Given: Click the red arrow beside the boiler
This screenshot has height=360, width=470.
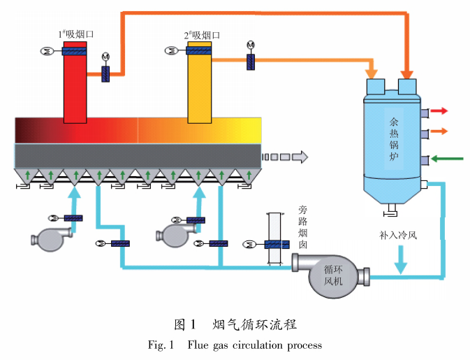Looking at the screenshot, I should (x=440, y=110).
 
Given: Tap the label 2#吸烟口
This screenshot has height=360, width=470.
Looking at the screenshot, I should (x=202, y=34).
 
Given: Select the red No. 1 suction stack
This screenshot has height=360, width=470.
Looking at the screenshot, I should (x=75, y=84).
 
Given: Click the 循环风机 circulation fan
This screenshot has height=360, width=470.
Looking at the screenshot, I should (x=328, y=268).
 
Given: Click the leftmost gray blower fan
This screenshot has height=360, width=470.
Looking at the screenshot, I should (x=50, y=238).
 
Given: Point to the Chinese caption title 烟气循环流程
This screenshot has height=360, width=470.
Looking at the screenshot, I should (x=255, y=324).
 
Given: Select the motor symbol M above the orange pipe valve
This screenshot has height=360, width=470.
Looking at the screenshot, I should (x=251, y=45).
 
